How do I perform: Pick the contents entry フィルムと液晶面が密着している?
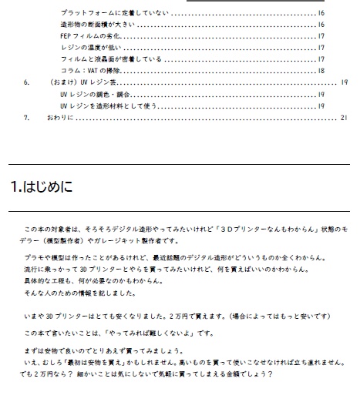click(111, 59)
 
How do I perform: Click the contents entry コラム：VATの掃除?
click(92, 69)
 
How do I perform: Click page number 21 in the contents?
click(344, 118)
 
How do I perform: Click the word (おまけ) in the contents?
click(59, 82)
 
